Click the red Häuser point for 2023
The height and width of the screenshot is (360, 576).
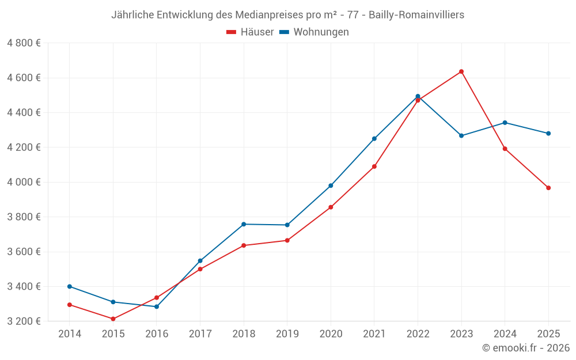[x=461, y=71]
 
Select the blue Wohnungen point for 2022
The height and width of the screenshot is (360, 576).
[x=418, y=96]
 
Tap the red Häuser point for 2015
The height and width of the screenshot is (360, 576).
[x=113, y=319]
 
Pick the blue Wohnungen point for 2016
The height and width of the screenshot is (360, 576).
[x=157, y=306]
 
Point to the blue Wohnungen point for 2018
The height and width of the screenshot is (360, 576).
[x=244, y=224]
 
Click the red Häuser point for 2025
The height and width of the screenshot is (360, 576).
[x=548, y=188]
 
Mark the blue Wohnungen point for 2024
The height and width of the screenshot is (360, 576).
[x=505, y=123]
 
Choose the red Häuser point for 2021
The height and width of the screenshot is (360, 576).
[x=374, y=166]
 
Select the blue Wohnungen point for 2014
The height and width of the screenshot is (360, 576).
[x=70, y=286]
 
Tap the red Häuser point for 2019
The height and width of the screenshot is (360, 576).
[x=287, y=240]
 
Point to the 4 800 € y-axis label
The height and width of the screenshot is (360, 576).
[x=24, y=43]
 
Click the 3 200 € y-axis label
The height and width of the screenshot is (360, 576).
[x=24, y=321]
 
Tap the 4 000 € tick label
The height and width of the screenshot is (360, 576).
[x=24, y=182]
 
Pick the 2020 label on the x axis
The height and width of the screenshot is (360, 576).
[x=331, y=334]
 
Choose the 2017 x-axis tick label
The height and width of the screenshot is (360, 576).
[x=200, y=334]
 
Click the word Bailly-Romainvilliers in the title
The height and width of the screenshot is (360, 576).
[x=416, y=15]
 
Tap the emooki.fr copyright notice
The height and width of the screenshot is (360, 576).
[x=526, y=348]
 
